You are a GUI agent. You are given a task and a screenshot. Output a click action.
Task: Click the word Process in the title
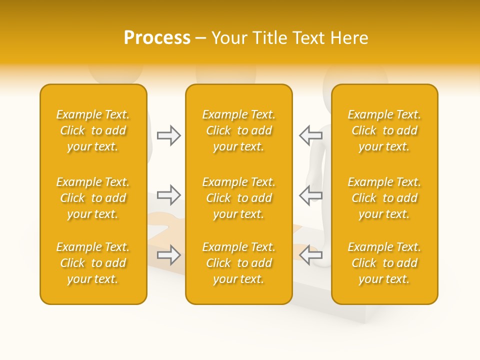point(157,38)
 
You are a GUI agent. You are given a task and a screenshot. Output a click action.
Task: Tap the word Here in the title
point(350,38)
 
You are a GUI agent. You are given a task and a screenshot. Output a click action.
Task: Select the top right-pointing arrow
point(169,135)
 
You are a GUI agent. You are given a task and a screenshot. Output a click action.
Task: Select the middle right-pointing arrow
point(169,195)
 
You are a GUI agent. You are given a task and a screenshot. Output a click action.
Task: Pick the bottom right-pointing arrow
point(169,255)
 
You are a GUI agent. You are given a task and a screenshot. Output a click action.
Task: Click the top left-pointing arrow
point(310,135)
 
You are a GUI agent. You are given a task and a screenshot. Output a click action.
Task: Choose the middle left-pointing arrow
point(310,195)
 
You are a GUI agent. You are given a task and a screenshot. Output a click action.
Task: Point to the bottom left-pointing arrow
point(310,255)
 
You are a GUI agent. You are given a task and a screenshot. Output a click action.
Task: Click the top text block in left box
point(93,130)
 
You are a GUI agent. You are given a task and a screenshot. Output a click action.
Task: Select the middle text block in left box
point(93,198)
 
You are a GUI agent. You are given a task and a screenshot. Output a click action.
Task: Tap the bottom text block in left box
point(93,263)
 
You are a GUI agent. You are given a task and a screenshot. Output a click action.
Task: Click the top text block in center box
point(238,130)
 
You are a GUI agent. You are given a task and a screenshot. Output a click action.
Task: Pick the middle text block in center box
point(238,198)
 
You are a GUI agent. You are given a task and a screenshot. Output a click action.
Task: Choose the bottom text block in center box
point(238,263)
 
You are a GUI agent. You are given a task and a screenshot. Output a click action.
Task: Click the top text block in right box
point(384,130)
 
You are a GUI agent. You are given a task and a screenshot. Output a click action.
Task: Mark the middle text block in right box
point(384,198)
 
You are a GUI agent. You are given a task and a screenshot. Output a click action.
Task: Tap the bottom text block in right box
point(384,263)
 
